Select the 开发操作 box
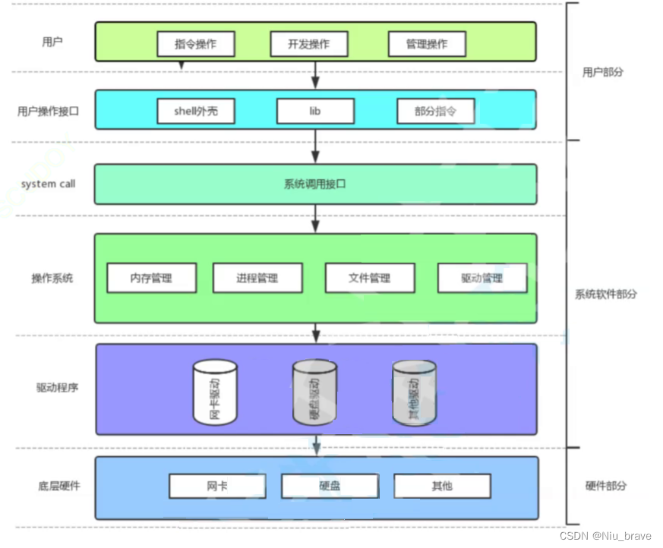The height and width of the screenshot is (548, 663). [x=308, y=44]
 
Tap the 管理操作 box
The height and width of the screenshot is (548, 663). [x=427, y=44]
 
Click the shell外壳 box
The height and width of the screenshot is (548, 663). [x=195, y=111]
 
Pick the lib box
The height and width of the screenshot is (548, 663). [x=315, y=111]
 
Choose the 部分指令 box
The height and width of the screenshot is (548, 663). [x=436, y=112]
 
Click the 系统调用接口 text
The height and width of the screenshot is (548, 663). [x=315, y=184]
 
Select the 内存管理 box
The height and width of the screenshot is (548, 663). [x=151, y=279]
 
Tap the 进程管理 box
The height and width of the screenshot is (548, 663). [x=257, y=279]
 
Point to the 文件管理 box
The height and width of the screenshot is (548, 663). [x=370, y=279]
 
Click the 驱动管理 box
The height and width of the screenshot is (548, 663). [x=482, y=279]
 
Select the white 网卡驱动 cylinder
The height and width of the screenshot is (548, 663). [x=215, y=392]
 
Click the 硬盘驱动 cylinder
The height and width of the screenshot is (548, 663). [x=314, y=392]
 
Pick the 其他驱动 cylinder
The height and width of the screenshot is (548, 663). [x=414, y=392]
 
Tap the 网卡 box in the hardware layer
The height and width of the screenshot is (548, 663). [x=217, y=486]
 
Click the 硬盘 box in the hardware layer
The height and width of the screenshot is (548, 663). [x=330, y=486]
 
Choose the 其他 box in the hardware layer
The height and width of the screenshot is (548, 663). [x=442, y=486]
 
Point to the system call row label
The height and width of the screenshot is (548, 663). [x=49, y=184]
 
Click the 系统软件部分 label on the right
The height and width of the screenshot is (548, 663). [x=606, y=294]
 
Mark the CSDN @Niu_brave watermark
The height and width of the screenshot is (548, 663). [x=605, y=536]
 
